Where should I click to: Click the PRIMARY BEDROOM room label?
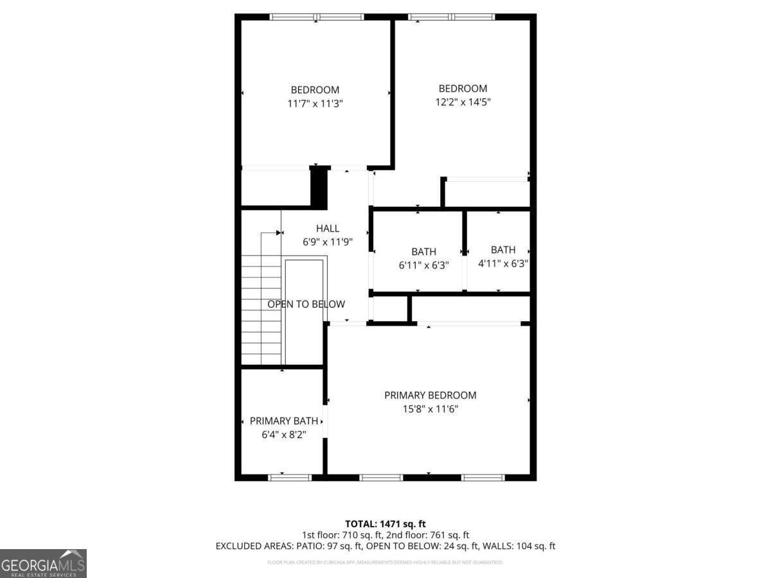pos(430,395)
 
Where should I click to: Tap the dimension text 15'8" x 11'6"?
pos(430,408)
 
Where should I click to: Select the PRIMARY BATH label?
pos(283,421)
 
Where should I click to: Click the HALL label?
pos(327,228)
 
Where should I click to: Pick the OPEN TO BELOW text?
pos(306,304)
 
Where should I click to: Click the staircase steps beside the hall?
pos(261,308)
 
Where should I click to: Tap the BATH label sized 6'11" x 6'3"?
pos(423,252)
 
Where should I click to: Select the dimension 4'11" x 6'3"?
pos(503,263)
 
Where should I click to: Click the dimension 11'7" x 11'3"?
pos(315,103)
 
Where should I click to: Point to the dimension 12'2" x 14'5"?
pos(463,101)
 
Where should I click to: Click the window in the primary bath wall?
pos(289,477)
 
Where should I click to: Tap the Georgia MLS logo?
pos(43,563)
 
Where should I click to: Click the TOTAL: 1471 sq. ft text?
pos(385,524)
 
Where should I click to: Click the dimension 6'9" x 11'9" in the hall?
pos(327,242)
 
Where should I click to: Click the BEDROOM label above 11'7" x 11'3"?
pos(315,90)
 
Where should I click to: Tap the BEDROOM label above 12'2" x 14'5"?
pos(463,88)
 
